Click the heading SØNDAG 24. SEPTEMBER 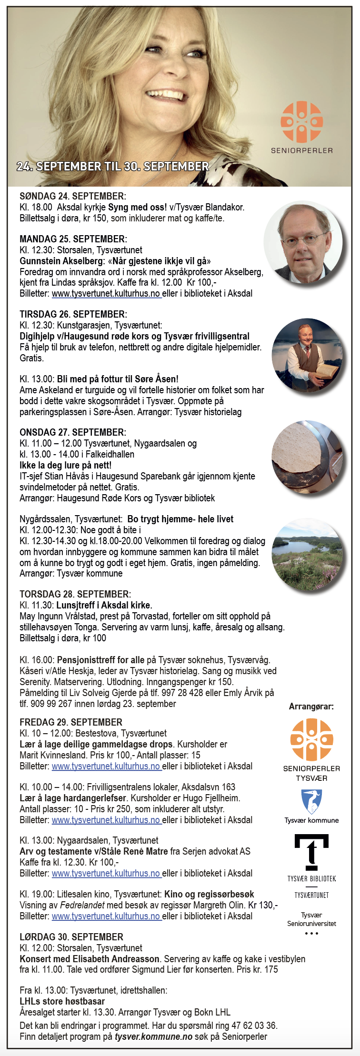click(72, 196)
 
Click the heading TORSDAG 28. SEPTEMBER click(75, 594)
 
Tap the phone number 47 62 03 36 click(258, 1025)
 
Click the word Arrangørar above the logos click(311, 707)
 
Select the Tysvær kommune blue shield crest click(311, 802)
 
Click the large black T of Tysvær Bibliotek click(311, 852)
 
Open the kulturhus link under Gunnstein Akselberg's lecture click(106, 294)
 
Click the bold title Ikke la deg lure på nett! click(65, 465)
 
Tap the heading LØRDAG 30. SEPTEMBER click(71, 937)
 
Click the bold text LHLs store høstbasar click(62, 1001)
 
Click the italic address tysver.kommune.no click(153, 1036)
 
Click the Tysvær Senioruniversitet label click(311, 919)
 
